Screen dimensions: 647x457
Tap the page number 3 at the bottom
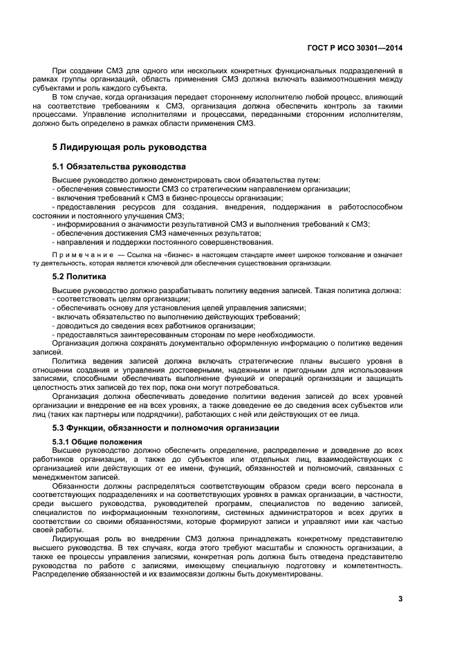400,599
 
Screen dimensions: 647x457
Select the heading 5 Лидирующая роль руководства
129,147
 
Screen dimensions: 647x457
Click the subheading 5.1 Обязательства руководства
119,167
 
